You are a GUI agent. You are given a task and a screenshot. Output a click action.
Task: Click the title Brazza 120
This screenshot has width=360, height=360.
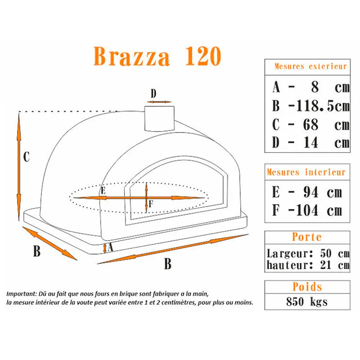pos(157,57)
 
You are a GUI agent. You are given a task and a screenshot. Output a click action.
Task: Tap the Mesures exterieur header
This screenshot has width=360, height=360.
pos(311,66)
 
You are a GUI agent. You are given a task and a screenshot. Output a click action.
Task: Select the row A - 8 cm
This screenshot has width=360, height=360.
pos(311,86)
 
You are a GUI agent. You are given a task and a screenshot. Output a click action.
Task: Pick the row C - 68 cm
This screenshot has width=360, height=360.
pos(311,124)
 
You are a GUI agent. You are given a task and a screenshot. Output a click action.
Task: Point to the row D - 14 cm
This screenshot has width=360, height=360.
pos(311,143)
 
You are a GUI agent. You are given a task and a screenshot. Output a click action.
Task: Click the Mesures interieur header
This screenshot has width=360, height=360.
pos(306,172)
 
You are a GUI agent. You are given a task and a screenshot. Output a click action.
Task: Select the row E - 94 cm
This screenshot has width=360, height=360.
pos(306,192)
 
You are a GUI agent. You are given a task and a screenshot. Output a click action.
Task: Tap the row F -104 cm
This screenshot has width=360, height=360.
pos(306,210)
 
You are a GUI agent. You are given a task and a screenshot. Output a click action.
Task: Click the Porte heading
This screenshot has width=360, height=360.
pos(306,237)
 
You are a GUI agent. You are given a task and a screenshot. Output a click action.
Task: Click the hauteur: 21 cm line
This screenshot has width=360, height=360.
pos(307,265)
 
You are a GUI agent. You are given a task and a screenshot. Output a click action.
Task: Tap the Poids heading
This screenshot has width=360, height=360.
pos(307,287)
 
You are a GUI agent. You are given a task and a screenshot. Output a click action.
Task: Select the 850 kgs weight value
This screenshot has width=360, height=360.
pos(307,301)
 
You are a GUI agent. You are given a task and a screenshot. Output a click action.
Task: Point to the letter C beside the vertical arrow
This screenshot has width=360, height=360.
pos(27,157)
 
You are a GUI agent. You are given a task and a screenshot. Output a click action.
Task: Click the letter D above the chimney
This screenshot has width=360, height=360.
pos(153,94)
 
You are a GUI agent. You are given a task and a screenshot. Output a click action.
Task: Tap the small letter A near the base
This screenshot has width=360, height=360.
pos(110,246)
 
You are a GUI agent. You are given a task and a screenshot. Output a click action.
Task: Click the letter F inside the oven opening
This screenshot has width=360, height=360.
pos(151,203)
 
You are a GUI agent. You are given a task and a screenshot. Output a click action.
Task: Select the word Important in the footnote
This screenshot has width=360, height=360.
pos(20,293)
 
